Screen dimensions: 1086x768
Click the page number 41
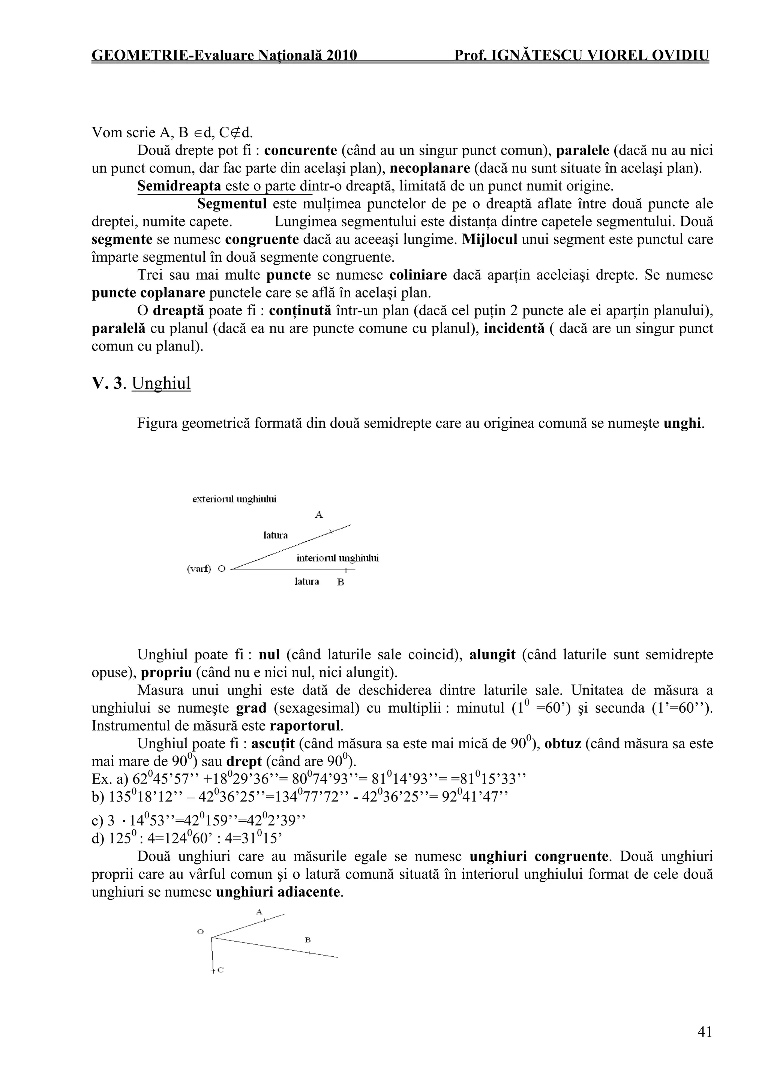click(704, 1032)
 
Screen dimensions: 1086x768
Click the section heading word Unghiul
click(161, 383)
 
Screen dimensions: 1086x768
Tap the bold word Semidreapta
click(179, 186)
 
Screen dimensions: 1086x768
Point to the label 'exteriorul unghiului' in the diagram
click(235, 499)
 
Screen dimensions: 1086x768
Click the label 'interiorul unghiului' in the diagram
click(337, 558)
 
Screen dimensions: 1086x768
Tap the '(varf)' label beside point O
click(199, 569)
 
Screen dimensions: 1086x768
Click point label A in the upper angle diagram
click(318, 515)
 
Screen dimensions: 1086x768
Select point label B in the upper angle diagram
click(340, 582)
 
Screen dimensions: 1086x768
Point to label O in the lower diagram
click(201, 931)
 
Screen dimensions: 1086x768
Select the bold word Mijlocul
click(489, 239)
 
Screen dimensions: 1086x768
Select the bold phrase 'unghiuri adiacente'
click(278, 892)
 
